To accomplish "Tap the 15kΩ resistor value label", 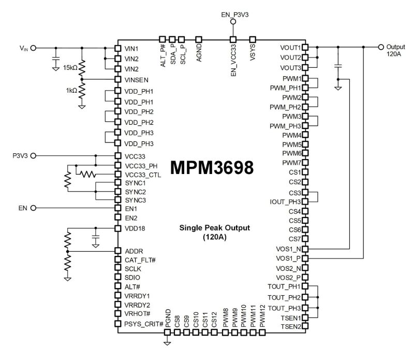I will (x=70, y=68).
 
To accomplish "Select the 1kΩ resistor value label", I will (x=71, y=90).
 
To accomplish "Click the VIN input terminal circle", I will (x=34, y=48).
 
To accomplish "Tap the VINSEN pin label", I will (x=139, y=79).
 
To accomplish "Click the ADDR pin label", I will (x=134, y=251).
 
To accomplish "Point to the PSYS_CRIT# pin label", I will (x=144, y=324).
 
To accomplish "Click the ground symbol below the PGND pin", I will (x=167, y=342).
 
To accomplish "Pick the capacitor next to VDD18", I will (x=95, y=239).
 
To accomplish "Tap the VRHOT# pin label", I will (x=137, y=314).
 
